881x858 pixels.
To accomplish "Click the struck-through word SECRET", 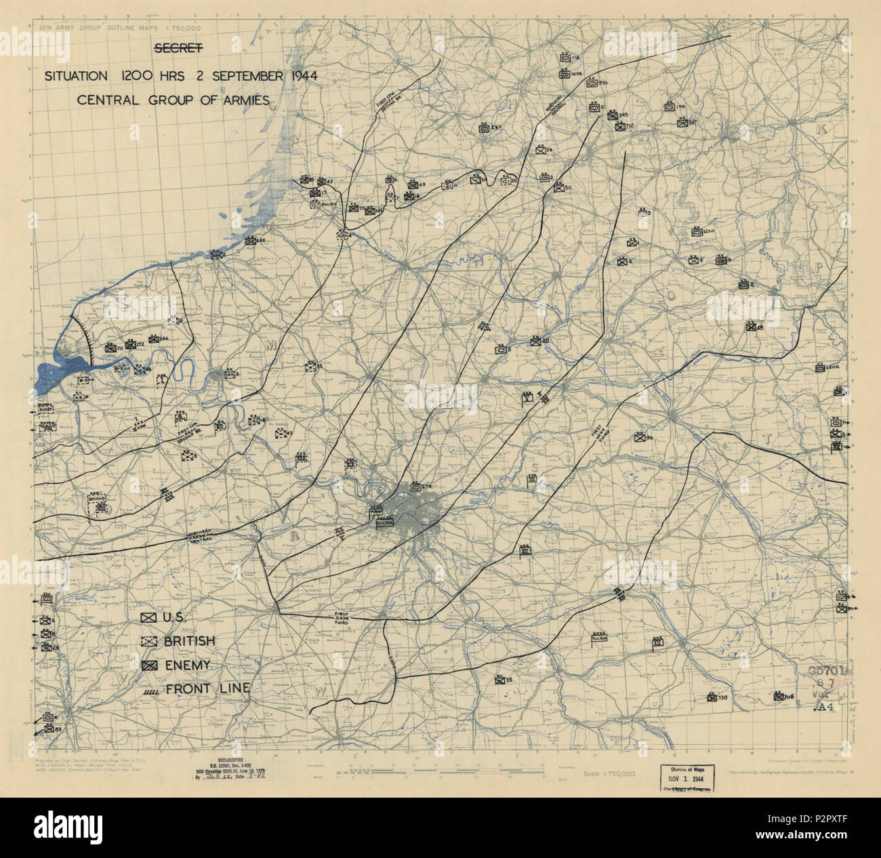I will click(x=179, y=49).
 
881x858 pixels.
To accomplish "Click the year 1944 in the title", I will click(x=296, y=75).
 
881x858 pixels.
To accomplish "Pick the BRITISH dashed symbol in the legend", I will click(x=148, y=641).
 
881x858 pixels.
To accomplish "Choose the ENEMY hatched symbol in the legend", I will click(x=148, y=666).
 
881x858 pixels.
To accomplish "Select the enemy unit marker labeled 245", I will click(x=249, y=241).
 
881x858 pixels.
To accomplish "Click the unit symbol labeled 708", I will click(x=778, y=695).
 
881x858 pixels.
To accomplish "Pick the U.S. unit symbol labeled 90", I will click(x=638, y=437).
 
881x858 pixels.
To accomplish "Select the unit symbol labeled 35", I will click(x=499, y=680).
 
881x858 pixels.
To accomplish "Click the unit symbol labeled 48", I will click(x=751, y=327).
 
